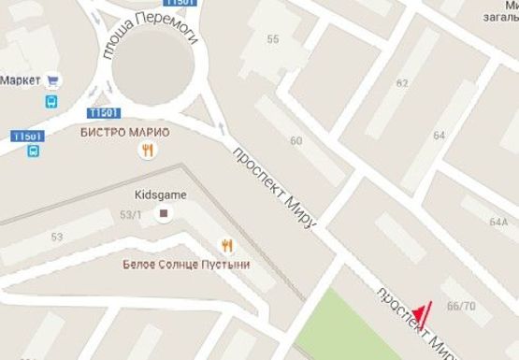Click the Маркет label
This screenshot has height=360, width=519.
[x=20, y=80]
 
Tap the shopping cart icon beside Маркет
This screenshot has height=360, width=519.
[x=52, y=80]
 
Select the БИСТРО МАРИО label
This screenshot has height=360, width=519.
[x=124, y=132]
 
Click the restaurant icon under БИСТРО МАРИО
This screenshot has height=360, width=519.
[x=147, y=150]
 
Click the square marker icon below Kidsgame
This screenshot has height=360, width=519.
[x=165, y=214]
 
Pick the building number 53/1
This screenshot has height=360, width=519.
[x=130, y=215]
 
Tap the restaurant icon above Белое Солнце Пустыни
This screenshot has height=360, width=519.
[x=225, y=245]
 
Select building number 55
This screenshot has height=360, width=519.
[x=273, y=39]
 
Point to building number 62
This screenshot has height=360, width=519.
[x=402, y=83]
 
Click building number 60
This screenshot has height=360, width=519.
[x=296, y=141]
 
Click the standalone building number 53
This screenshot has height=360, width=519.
[x=57, y=238]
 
